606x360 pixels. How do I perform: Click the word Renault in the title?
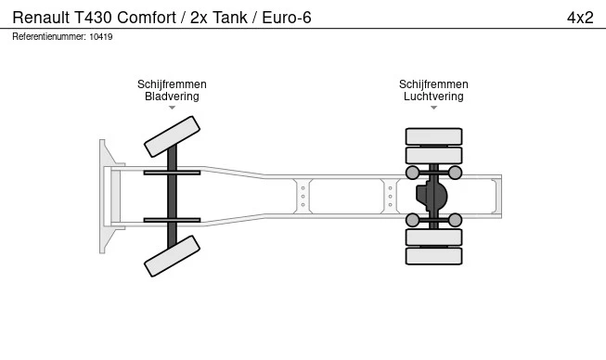tap(41, 18)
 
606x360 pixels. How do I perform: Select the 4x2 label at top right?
tap(580, 18)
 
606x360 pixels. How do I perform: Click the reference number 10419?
tap(101, 37)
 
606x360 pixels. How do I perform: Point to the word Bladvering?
tap(172, 96)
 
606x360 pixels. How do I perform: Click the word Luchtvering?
tap(433, 96)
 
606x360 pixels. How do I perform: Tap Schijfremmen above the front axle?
tap(172, 84)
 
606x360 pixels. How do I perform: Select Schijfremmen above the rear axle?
tap(433, 84)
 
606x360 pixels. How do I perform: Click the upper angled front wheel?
tap(172, 136)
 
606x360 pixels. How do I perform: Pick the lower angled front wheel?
tap(172, 256)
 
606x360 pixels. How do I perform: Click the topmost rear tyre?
tap(433, 136)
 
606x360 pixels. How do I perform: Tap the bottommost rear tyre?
tap(433, 256)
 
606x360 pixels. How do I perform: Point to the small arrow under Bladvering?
tap(172, 108)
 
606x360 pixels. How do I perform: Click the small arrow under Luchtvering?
tap(433, 108)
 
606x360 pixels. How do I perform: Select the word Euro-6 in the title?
tap(287, 18)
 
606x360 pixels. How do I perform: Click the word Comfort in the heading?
tap(147, 18)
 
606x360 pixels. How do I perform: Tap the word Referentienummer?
tap(49, 37)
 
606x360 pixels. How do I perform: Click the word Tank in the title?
tap(230, 18)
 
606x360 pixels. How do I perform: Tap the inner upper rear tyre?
tap(433, 155)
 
